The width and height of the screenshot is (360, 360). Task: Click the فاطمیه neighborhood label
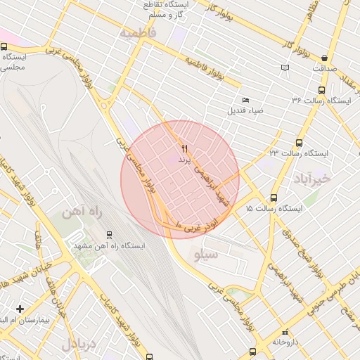pos(137,33)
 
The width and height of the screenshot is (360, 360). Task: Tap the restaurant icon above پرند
pos(184,148)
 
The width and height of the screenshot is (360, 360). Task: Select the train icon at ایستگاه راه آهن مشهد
pos(108,234)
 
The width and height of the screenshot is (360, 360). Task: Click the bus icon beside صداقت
pos(324,58)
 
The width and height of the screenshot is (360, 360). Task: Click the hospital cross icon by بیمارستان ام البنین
pos(20,309)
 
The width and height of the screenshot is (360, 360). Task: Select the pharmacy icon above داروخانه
pos(284,333)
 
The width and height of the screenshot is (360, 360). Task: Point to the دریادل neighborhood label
pos(77,345)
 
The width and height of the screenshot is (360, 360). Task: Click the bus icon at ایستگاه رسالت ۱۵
pos(274,198)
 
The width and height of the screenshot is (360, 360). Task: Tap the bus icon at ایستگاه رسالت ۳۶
pos(321,90)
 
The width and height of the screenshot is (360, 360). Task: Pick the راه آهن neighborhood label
pos(77,213)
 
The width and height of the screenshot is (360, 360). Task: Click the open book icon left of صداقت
pos(284,67)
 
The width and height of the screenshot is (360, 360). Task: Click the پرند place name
pos(184,160)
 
